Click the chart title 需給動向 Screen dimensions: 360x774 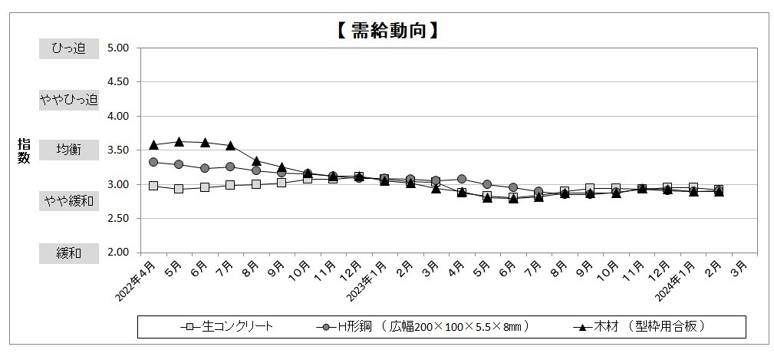click(x=387, y=31)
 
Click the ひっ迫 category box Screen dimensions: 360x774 click(x=69, y=48)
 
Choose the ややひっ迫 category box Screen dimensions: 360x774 click(x=69, y=99)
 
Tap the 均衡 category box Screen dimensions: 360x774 click(x=69, y=150)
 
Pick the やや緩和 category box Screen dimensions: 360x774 click(x=69, y=201)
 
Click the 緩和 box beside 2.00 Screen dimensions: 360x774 click(x=69, y=253)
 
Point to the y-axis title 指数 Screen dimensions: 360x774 click(x=24, y=150)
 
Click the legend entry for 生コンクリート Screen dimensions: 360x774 click(x=227, y=326)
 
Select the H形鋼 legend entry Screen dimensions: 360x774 click(x=422, y=326)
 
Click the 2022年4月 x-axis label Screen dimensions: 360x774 click(x=139, y=281)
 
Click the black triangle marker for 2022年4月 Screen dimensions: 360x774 click(x=153, y=144)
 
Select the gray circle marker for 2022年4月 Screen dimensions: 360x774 click(x=153, y=162)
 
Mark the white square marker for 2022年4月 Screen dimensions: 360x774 click(x=153, y=186)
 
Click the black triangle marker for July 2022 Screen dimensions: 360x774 click(x=230, y=145)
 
